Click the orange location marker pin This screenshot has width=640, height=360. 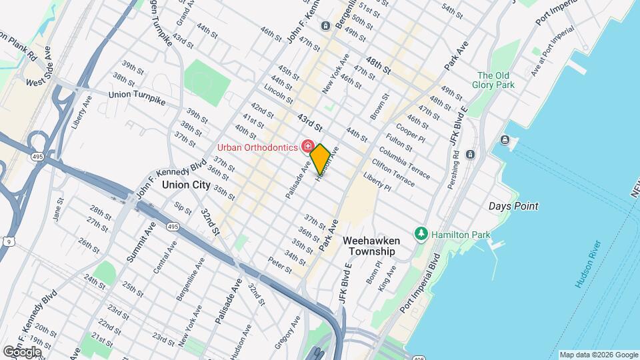tap(320, 159)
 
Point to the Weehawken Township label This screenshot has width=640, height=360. tap(369, 245)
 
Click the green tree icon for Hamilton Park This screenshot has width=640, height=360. tap(421, 234)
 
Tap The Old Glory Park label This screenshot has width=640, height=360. tap(495, 80)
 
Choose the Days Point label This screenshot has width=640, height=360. tap(513, 206)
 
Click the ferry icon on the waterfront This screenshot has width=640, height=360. tap(505, 140)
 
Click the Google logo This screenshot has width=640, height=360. tap(22, 351)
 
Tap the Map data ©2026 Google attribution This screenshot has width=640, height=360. tap(598, 355)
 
